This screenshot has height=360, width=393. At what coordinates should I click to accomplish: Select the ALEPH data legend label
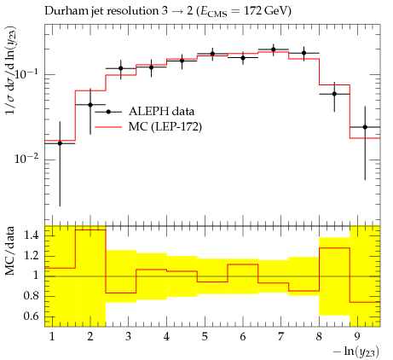(x=161, y=111)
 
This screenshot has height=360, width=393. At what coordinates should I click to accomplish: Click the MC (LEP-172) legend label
(x=165, y=126)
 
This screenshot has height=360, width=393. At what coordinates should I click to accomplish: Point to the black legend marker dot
(x=108, y=112)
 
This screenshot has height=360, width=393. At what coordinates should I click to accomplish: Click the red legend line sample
(x=108, y=127)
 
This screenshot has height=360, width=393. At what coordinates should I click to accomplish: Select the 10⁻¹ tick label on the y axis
(x=26, y=73)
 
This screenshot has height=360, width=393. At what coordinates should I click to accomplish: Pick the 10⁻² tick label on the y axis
(x=26, y=159)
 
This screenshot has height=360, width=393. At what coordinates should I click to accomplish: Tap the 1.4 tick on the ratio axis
(x=31, y=235)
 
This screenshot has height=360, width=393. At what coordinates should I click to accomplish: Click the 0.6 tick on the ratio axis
(x=31, y=316)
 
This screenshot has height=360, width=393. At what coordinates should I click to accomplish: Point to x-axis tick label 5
(x=205, y=337)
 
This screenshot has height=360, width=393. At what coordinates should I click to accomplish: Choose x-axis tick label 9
(x=357, y=337)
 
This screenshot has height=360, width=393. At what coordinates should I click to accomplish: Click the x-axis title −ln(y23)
(x=356, y=351)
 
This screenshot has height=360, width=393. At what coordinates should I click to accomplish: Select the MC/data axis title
(x=9, y=251)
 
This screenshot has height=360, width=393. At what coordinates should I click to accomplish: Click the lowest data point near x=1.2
(x=60, y=143)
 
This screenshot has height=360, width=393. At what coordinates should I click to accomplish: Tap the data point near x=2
(x=90, y=105)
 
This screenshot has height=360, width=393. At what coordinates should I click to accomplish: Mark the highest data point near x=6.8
(x=274, y=49)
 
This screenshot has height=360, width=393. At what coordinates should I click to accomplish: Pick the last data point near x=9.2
(x=365, y=127)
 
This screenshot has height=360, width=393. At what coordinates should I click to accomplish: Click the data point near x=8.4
(x=334, y=94)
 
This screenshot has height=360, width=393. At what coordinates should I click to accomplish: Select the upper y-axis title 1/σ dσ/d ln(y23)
(x=11, y=71)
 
